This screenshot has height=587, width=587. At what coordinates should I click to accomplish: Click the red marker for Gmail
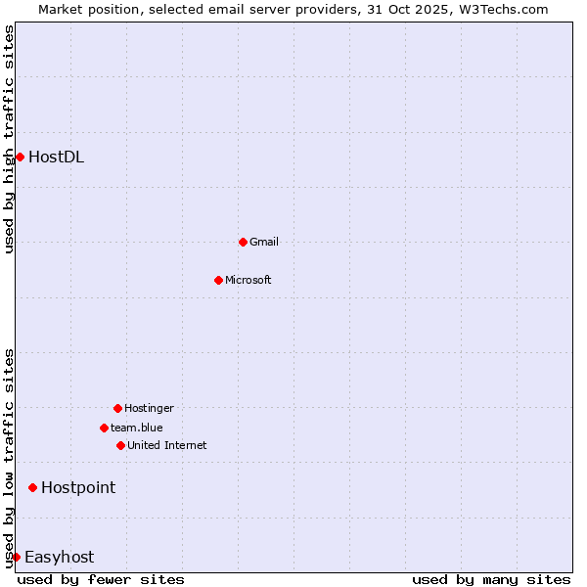243,242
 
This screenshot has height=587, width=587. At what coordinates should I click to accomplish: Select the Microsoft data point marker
218,280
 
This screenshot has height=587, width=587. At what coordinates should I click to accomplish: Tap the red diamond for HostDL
20,157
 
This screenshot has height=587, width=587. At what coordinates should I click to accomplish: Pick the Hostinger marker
117,408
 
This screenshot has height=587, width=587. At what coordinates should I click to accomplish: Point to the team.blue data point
104,428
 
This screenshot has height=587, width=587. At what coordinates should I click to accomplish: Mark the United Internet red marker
120,445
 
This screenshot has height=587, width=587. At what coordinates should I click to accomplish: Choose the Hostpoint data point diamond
32,487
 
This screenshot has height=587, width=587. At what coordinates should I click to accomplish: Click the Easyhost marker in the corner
16,557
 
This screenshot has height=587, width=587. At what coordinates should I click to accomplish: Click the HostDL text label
56,157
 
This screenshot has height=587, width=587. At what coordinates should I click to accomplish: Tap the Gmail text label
264,242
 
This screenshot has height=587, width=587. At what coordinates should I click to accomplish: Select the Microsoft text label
248,280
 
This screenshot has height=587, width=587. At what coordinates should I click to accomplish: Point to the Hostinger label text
149,408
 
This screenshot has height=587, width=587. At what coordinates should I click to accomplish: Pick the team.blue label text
137,428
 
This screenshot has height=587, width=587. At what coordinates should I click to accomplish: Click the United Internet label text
167,445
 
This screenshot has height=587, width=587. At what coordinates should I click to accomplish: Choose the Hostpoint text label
78,487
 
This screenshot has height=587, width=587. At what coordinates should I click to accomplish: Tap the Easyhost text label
59,557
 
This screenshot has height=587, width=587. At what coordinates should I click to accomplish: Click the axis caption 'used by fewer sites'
101,579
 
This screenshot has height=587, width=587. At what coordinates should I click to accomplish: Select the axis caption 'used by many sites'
491,579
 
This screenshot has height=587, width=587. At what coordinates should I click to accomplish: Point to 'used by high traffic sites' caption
9,139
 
